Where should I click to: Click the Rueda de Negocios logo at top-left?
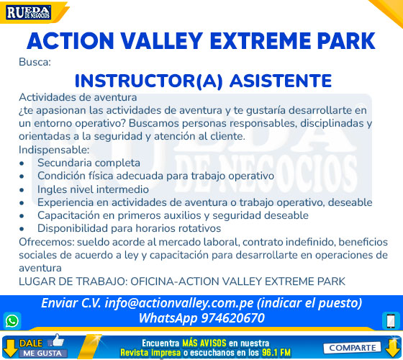tap(28, 12)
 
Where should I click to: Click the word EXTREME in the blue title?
tap(261, 41)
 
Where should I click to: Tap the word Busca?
tap(35, 62)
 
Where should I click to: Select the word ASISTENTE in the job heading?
tap(281, 81)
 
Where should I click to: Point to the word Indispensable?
tap(54, 150)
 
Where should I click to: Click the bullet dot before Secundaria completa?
tap(22, 163)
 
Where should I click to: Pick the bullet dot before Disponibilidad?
tap(22, 229)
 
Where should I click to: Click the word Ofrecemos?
tap(46, 242)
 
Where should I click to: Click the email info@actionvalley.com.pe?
tap(179, 303)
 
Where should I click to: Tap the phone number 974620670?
tap(232, 318)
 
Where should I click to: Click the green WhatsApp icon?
tap(12, 321)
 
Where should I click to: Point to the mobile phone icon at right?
tap(391, 321)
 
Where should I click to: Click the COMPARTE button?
tap(352, 348)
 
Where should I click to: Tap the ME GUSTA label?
tap(42, 353)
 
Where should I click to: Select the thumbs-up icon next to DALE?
tap(56, 341)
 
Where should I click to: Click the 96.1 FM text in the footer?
tap(276, 352)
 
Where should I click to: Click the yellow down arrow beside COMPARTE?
tap(393, 348)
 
